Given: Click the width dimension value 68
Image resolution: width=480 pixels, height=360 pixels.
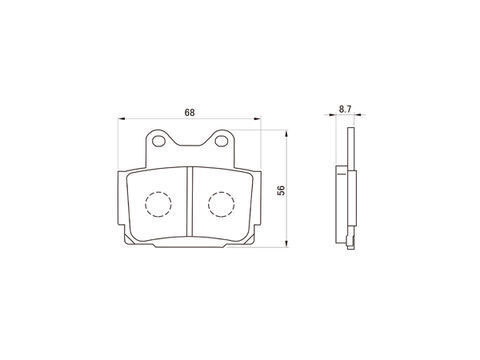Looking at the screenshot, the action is tap(190, 113).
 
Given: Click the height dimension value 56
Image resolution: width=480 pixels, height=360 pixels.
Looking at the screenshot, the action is tap(282, 190).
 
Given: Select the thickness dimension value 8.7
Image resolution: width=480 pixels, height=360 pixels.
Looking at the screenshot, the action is tap(345, 109).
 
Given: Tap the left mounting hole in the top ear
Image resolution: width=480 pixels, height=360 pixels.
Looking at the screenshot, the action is tap(158, 141).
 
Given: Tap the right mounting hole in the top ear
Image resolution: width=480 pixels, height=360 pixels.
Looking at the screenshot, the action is tap(221, 141).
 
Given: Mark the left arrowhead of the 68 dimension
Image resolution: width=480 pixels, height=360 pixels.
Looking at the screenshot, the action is tap(122, 118).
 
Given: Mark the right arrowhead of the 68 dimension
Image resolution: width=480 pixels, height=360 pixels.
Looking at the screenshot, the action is tap(258, 118).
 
